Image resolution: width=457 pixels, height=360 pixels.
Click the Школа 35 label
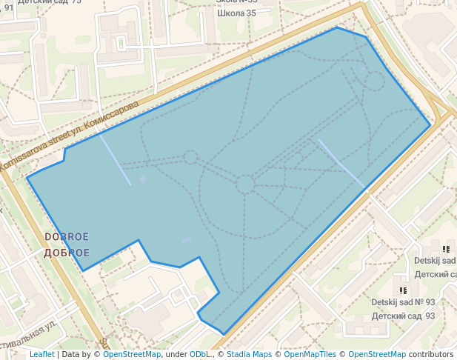tap(236, 13)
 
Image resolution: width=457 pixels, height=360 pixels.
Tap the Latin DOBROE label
tap(67, 237)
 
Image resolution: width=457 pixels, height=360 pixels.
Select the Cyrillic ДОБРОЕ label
tap(67, 253)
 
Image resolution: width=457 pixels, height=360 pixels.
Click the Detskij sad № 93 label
tap(403, 302)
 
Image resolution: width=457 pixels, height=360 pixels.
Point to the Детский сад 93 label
tap(403, 316)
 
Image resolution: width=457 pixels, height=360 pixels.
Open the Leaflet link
tap(41, 354)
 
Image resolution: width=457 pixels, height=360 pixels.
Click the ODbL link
tap(200, 354)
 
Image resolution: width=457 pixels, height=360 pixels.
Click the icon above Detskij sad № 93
tap(402, 290)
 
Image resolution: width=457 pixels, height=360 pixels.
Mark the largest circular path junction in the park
tap(245, 184)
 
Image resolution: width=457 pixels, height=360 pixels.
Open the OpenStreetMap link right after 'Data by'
tap(132, 354)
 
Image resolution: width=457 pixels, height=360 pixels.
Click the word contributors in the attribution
tap(431, 354)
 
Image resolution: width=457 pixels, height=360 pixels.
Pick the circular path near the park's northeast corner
tap(375, 80)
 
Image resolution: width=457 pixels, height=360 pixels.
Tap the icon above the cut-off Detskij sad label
tap(446, 249)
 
